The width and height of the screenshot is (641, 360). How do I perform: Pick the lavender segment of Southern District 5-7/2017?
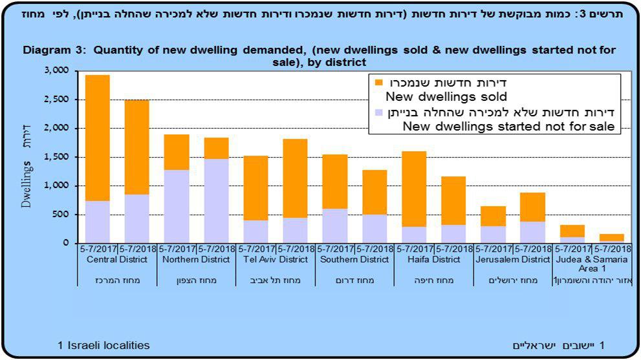click(x=334, y=226)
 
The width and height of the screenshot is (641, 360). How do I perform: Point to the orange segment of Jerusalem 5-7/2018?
click(x=532, y=207)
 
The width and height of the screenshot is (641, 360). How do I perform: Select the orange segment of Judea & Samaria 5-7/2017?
click(x=572, y=231)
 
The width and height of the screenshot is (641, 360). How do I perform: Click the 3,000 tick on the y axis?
click(x=57, y=71)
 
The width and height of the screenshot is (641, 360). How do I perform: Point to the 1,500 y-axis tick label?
click(x=57, y=157)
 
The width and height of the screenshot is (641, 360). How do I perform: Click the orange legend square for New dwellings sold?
click(x=378, y=83)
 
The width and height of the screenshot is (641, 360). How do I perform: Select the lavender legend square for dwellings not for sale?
click(x=378, y=112)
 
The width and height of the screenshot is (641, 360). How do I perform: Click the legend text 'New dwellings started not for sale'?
click(x=507, y=127)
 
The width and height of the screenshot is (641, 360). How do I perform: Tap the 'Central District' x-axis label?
click(x=117, y=259)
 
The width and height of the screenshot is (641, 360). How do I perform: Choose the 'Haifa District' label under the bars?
click(x=433, y=259)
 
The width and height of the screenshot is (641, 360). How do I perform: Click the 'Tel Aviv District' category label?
click(x=276, y=259)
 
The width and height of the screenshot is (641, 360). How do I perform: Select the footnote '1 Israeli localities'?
click(x=103, y=345)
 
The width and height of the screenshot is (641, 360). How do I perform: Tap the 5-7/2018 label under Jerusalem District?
click(x=532, y=249)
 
